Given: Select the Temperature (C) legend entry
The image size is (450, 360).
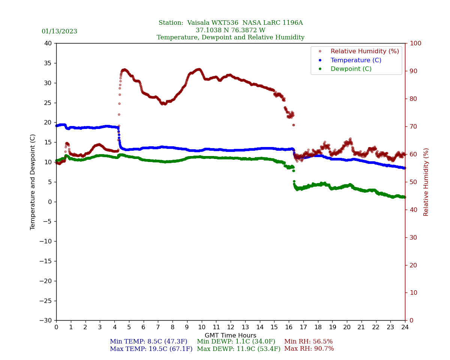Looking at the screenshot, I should point(356,60).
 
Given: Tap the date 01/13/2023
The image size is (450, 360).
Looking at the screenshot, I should point(59,31).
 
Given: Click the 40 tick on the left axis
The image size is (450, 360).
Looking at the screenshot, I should point(48,43).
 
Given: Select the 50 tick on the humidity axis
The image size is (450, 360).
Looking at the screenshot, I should point(413,182).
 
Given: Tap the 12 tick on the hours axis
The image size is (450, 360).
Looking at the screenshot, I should point(231,327).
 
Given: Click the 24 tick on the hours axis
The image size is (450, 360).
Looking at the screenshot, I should point(405,327).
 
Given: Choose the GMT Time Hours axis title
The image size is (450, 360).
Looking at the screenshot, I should point(231,336).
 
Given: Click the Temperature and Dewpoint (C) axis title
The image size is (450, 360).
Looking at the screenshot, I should point(33,182).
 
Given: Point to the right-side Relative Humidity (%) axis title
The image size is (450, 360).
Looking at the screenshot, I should point(426,182).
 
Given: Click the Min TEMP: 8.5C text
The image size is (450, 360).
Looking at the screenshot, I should point(148,342).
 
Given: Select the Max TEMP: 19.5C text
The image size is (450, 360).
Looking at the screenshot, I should point(151,349).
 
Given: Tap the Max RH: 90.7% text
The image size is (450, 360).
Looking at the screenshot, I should point(309,349).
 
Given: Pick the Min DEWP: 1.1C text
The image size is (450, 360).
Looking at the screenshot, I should point(236,342).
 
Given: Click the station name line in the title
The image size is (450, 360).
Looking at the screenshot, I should point(231,23).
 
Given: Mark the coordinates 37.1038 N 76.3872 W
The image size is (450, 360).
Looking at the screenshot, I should point(231,30).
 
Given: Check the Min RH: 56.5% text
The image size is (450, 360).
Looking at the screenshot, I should point(308,342).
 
